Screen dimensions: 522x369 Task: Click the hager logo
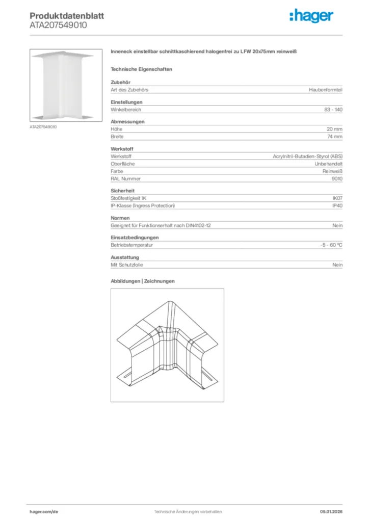coord(311,16)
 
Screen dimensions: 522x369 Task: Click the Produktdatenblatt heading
coord(67,16)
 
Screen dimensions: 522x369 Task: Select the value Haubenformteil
coord(325,90)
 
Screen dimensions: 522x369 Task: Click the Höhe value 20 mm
coord(334,129)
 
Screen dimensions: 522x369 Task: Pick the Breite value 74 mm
coord(334,137)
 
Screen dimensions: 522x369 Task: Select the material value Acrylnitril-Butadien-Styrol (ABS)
coord(307,156)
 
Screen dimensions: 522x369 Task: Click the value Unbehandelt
coord(328,164)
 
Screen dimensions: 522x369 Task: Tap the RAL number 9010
coord(336,179)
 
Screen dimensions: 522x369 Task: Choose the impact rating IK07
coord(337,198)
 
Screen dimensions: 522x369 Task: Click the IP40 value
coord(337,205)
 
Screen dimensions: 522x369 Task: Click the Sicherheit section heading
coord(123,191)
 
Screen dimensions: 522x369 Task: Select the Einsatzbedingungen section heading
coord(135,238)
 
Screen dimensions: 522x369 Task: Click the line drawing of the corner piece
coord(167,345)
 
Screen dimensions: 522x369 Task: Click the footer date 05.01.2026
coord(331,511)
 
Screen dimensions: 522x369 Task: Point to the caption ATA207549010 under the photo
coord(43,126)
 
